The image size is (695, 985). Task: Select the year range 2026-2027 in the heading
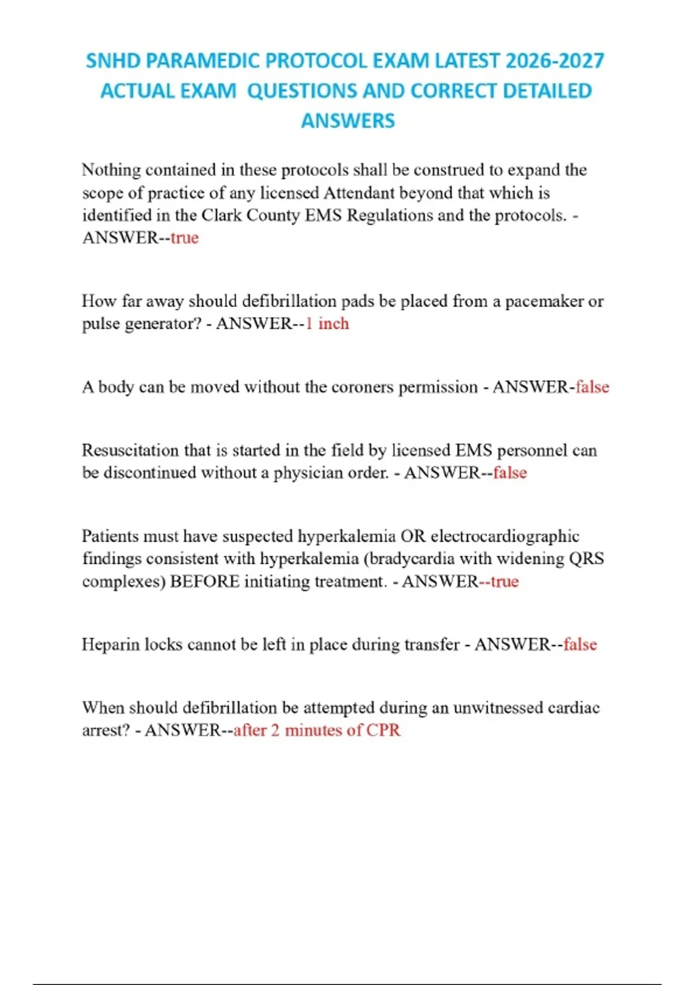pyautogui.click(x=555, y=61)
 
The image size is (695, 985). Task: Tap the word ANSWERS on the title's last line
pyautogui.click(x=348, y=121)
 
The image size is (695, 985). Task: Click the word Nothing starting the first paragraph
pyautogui.click(x=111, y=170)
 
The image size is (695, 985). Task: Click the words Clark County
pyautogui.click(x=250, y=215)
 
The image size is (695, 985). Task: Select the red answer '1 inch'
pyautogui.click(x=327, y=323)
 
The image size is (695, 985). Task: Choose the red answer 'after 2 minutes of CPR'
pyautogui.click(x=317, y=730)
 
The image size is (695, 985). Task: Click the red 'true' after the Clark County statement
pyautogui.click(x=185, y=238)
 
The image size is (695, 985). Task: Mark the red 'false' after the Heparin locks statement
pyautogui.click(x=580, y=644)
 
